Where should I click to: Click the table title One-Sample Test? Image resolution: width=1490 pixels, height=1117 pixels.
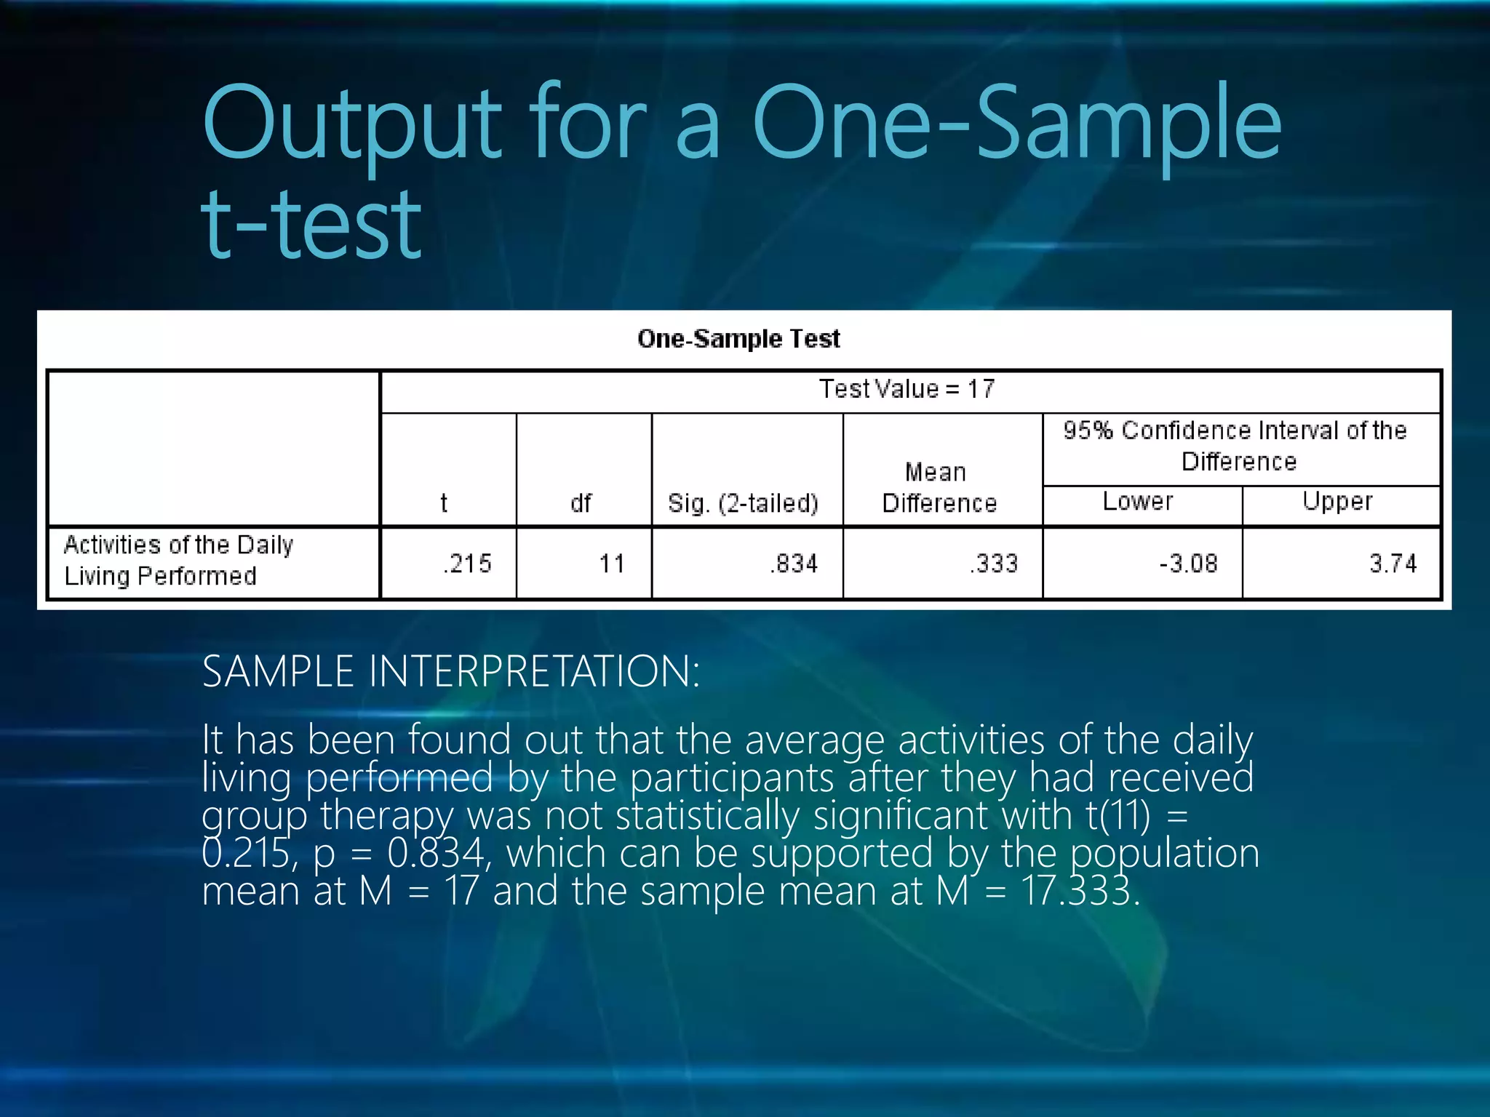tap(738, 339)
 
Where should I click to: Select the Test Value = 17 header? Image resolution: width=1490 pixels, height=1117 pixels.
tap(907, 389)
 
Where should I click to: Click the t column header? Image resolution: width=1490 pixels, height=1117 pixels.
tap(444, 503)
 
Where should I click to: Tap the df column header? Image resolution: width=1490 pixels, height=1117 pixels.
tap(581, 503)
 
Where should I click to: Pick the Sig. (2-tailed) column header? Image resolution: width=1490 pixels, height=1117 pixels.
tap(743, 503)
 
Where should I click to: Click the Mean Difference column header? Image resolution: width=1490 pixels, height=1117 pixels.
tap(939, 487)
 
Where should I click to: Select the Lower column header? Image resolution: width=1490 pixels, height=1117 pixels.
tap(1138, 501)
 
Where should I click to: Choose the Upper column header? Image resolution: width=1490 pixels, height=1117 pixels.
tap(1337, 501)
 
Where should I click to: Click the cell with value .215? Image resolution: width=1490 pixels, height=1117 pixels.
tap(467, 564)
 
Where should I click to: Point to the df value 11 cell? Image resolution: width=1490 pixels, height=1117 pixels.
tap(611, 564)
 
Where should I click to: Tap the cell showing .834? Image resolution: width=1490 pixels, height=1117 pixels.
tap(794, 564)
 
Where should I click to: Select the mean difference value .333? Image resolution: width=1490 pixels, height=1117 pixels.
tap(993, 564)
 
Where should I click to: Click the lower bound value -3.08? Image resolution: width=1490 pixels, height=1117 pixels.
tap(1188, 564)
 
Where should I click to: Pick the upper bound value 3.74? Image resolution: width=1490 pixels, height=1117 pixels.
tap(1393, 564)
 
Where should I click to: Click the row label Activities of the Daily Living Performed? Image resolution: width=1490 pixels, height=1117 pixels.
tap(178, 560)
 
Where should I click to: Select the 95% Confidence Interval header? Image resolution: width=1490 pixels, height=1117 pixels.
tap(1235, 446)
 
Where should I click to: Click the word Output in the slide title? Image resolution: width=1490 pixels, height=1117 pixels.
tap(352, 124)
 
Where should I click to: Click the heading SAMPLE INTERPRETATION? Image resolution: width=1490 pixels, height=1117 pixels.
tap(451, 670)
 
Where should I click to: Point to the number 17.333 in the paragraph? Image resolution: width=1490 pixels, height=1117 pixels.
tap(1080, 891)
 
